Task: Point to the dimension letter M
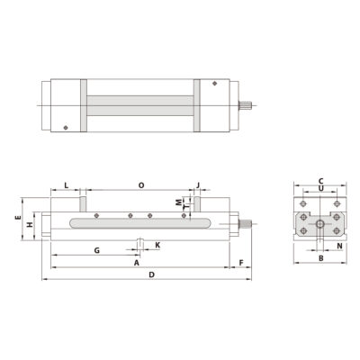click(178, 202)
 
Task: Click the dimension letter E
click(18, 219)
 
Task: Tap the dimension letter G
click(95, 250)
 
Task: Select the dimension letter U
click(320, 191)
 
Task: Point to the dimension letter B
click(320, 259)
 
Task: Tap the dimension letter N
click(339, 245)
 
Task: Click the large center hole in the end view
click(320, 222)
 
